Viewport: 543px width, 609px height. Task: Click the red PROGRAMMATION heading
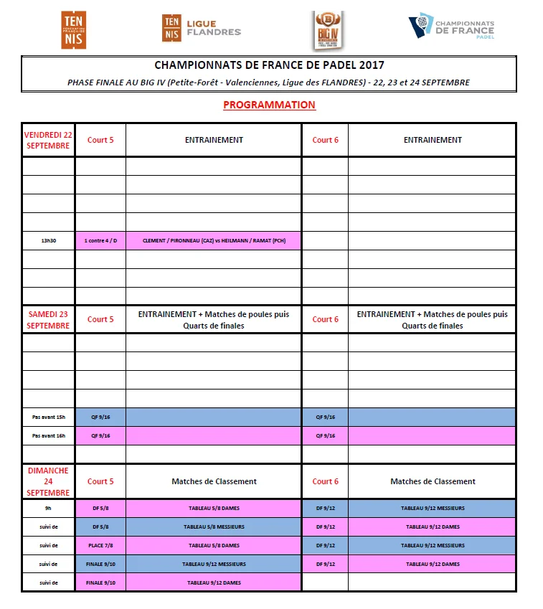(269, 105)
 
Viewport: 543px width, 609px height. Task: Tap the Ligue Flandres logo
(202, 29)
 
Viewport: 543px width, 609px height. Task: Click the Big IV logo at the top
(329, 30)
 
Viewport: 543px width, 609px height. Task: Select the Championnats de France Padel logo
(451, 28)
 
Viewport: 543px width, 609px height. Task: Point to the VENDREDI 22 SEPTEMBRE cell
(48, 140)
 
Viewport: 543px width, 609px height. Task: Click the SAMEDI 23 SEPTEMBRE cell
(48, 319)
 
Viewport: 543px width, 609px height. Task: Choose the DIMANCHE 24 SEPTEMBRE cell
(48, 481)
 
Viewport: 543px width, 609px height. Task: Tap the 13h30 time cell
(48, 240)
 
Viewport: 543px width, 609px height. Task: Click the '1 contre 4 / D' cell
(100, 240)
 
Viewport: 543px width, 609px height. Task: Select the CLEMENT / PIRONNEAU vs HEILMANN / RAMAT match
(214, 240)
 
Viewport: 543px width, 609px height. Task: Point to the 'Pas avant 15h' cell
(48, 417)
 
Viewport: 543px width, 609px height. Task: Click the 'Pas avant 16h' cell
(48, 435)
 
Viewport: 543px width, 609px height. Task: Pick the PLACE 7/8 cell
(100, 545)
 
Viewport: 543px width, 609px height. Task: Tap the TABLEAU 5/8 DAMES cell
(214, 508)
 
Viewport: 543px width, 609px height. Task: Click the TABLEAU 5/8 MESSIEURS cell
(214, 527)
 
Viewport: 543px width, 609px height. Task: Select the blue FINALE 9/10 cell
(100, 564)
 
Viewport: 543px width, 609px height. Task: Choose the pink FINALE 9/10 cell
(100, 582)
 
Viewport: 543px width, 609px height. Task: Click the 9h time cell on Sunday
(48, 508)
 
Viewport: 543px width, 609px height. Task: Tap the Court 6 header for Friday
(325, 140)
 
